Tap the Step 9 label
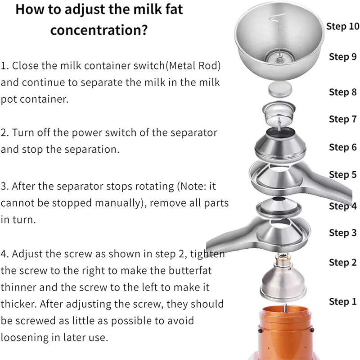(x=342, y=57)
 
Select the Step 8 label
(x=342, y=92)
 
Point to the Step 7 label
(x=342, y=119)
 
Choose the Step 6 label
(x=342, y=147)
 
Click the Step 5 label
(x=342, y=174)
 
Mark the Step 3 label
(x=342, y=232)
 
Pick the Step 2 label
(x=342, y=262)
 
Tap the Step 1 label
(x=342, y=301)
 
